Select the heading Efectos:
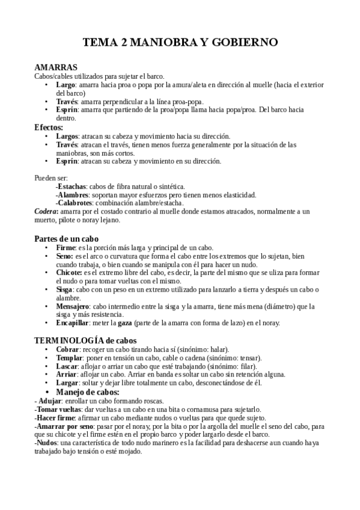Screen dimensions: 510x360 tap(49, 127)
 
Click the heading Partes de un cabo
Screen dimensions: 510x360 tap(66, 239)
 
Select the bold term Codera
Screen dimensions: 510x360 tap(46, 212)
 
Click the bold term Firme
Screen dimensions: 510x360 tap(66, 247)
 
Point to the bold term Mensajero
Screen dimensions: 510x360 tap(73, 306)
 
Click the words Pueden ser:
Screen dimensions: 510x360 tap(51, 178)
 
